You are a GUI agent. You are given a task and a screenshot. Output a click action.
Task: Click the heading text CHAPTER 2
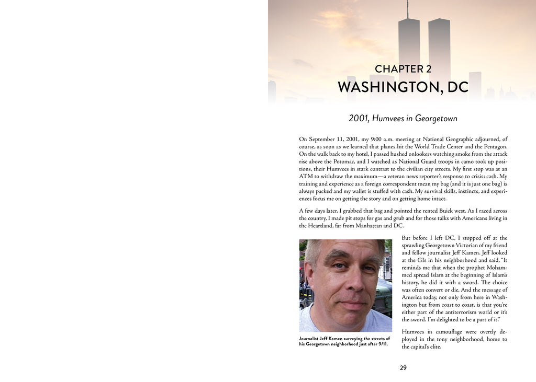tap(403, 69)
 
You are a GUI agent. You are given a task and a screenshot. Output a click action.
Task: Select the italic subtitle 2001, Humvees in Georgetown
tap(403, 119)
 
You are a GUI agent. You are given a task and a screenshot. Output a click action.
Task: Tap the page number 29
tap(403, 368)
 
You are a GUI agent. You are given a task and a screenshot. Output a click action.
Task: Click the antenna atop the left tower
tap(407, 9)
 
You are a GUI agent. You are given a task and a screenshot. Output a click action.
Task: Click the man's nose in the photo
tap(355, 282)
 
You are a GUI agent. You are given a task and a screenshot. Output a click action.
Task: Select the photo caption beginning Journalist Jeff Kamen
tap(344, 341)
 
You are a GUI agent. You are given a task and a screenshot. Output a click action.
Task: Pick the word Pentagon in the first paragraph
tap(493, 147)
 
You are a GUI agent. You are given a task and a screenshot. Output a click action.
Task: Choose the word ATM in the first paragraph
tap(306, 177)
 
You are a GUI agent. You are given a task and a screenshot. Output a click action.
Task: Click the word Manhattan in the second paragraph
tap(368, 226)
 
